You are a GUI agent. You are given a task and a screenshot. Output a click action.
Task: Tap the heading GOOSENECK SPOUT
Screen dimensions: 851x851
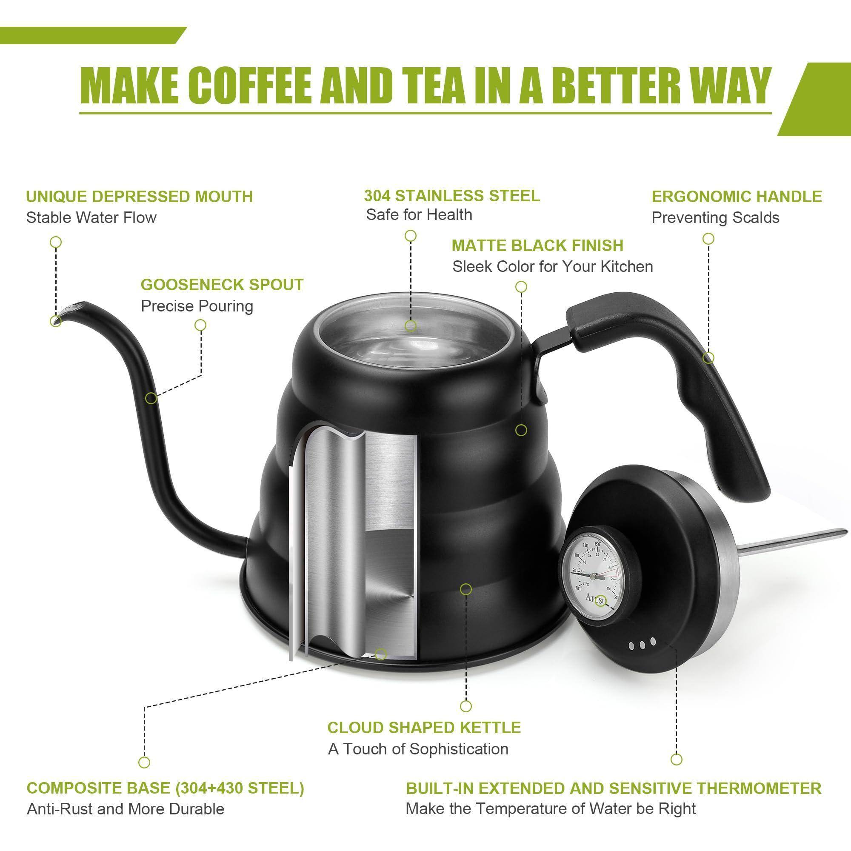tap(222, 285)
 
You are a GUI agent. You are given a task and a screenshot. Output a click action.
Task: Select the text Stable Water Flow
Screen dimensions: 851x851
tap(91, 217)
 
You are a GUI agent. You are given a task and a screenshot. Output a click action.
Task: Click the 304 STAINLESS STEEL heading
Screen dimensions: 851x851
tap(452, 196)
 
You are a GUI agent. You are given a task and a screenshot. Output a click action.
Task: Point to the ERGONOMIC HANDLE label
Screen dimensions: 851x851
tap(737, 197)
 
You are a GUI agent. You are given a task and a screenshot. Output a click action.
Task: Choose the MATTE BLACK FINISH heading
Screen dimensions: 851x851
tap(537, 246)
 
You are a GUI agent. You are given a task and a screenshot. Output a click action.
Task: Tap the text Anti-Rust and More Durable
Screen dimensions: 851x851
tap(126, 809)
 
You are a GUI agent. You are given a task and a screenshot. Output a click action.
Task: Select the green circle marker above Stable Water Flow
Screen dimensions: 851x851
tap(56, 242)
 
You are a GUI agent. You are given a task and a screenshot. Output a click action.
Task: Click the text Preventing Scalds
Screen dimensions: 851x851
tap(715, 217)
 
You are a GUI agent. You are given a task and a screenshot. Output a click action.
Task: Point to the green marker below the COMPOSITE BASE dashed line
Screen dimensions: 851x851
tap(144, 762)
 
